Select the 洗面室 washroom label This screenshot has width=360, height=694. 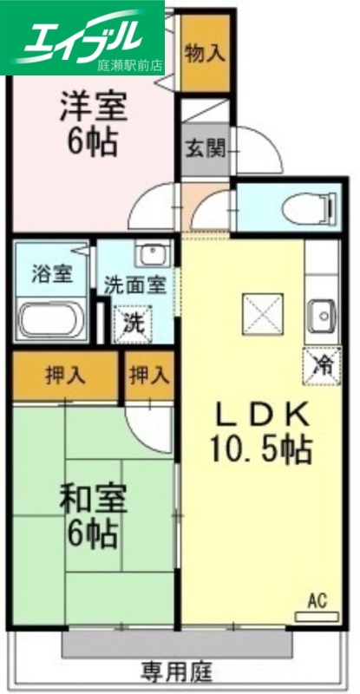tap(135, 283)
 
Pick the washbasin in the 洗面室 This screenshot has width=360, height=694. tap(154, 256)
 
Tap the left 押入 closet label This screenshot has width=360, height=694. tap(65, 376)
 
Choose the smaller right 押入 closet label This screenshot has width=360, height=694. tap(149, 376)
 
